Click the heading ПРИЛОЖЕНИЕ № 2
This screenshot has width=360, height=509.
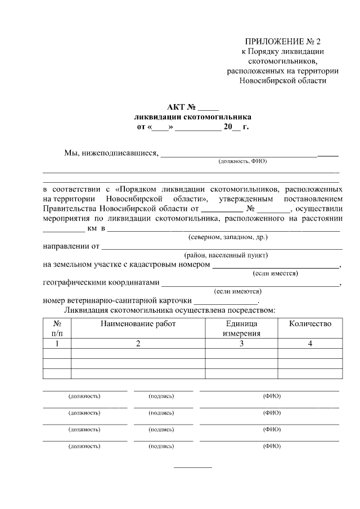click(x=282, y=42)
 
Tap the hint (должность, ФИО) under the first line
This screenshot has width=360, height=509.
click(x=242, y=161)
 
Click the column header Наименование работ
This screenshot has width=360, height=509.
click(x=138, y=323)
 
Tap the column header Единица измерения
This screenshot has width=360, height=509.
click(x=241, y=328)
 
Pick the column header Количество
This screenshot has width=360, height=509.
click(x=310, y=323)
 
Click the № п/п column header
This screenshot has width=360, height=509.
click(x=57, y=328)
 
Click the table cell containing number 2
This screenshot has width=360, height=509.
click(x=138, y=343)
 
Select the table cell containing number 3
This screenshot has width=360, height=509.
click(x=241, y=343)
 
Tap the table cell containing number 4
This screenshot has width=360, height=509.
click(x=310, y=343)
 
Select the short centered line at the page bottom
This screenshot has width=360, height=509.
click(x=192, y=467)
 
